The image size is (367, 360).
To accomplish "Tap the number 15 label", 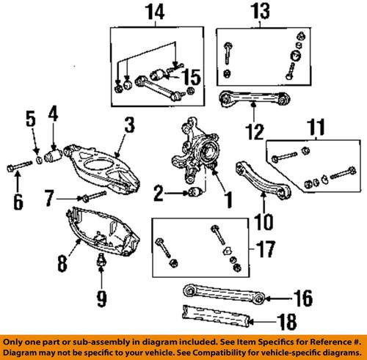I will click(x=192, y=75).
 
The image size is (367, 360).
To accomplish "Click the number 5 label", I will click(x=31, y=117).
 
